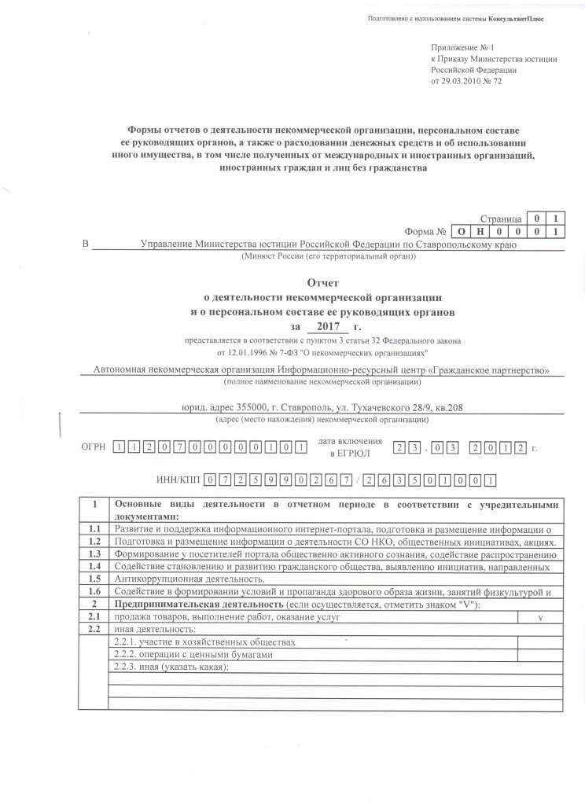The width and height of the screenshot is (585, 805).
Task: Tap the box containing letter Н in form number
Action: click(480, 232)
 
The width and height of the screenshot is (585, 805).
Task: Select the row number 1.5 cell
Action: click(94, 578)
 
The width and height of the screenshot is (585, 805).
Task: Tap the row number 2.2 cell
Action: click(94, 630)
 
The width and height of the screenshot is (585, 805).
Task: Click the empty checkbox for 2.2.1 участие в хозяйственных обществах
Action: click(539, 641)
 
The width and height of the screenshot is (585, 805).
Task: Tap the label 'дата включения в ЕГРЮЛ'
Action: click(349, 447)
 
